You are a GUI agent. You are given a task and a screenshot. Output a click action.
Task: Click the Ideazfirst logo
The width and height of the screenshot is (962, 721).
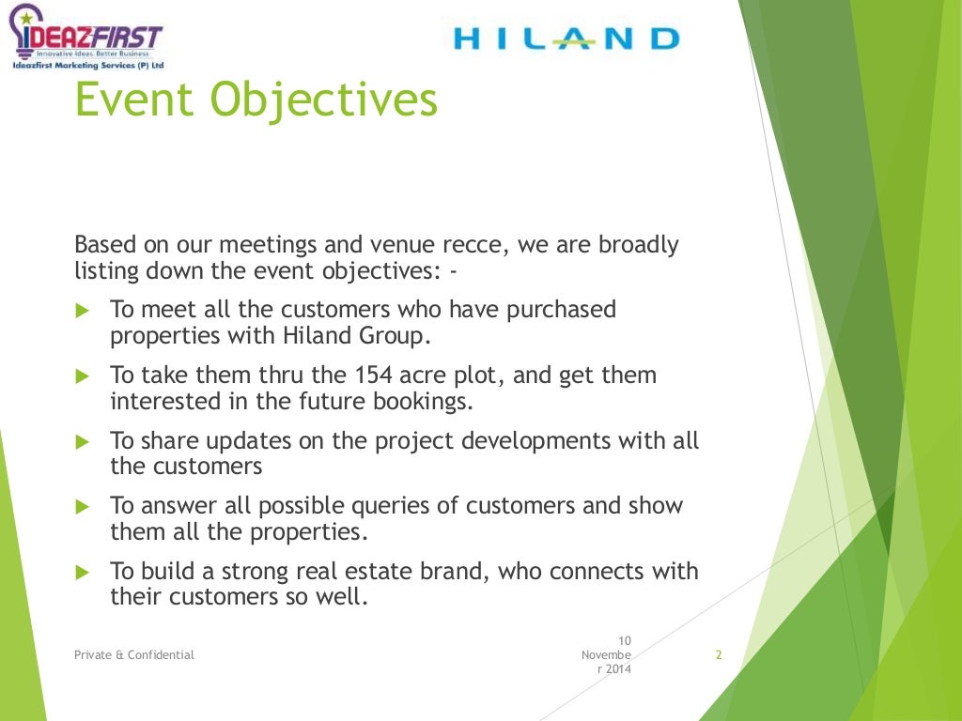point(86,39)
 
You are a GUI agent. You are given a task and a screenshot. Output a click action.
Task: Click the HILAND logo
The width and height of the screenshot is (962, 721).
point(566,38)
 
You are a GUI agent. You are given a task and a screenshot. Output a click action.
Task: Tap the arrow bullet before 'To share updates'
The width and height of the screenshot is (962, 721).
point(81,441)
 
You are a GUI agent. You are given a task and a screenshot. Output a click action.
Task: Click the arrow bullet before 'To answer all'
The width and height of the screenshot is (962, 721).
point(81,506)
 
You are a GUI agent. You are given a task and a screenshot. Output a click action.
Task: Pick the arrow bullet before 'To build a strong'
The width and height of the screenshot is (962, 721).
point(81,572)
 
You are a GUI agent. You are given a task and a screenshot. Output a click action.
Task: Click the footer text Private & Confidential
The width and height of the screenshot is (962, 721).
point(134,655)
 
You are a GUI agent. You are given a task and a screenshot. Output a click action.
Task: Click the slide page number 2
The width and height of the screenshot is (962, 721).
point(719,655)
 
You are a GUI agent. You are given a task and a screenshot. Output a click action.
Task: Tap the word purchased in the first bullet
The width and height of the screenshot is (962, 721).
point(561,310)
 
